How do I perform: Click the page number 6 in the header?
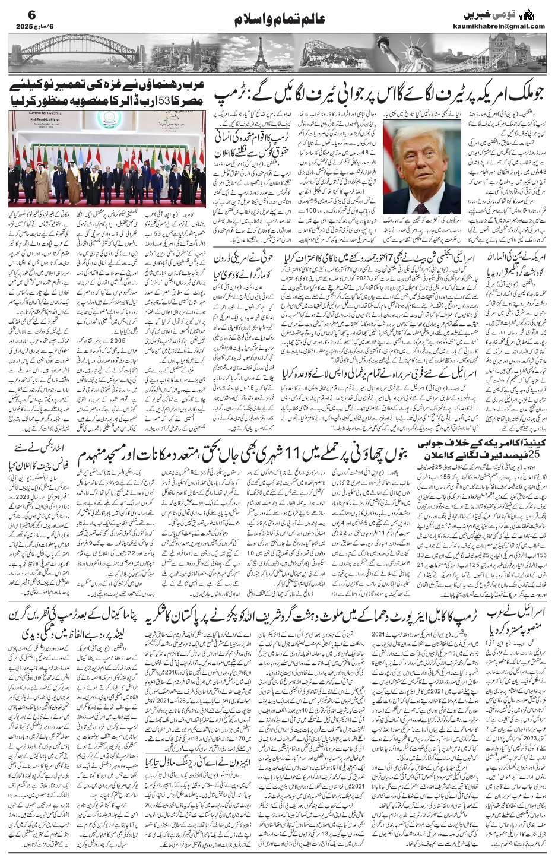point(16,14)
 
